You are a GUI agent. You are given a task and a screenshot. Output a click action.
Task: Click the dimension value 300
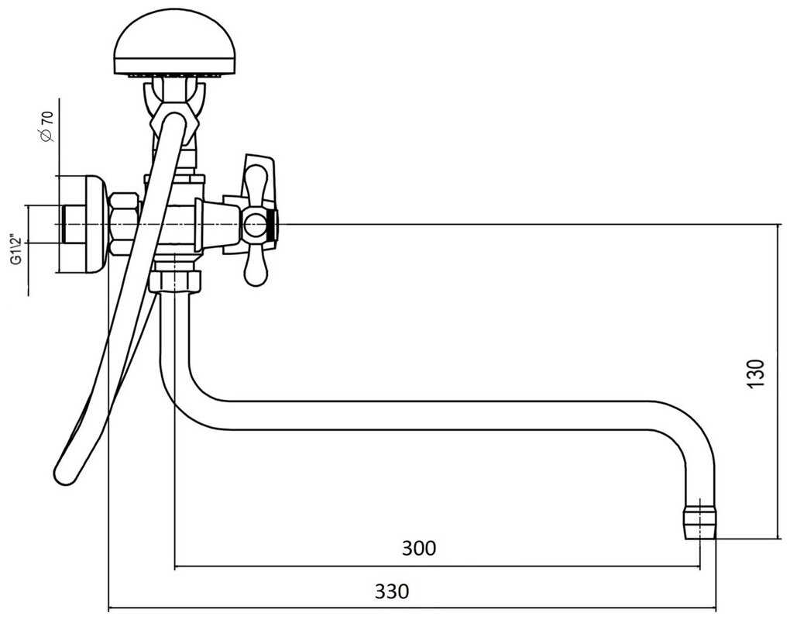tap(419, 548)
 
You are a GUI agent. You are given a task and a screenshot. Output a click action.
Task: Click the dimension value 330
tap(392, 591)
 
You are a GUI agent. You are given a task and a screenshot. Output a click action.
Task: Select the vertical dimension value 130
tap(757, 374)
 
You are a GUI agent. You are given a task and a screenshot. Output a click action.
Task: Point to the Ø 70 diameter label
tap(46, 126)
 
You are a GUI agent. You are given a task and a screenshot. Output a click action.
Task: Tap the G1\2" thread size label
tap(15, 250)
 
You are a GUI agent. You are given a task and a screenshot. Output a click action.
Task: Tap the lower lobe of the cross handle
tap(255, 267)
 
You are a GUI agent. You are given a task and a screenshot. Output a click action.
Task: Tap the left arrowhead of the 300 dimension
tap(179, 567)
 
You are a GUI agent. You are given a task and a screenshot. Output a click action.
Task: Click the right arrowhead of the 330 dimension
tap(712, 608)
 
